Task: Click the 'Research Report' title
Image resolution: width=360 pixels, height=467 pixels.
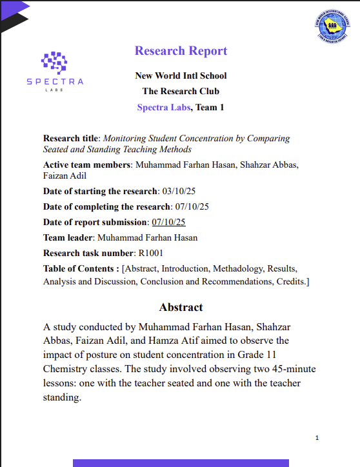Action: pyautogui.click(x=181, y=51)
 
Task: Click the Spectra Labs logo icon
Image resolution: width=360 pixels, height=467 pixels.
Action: pyautogui.click(x=54, y=61)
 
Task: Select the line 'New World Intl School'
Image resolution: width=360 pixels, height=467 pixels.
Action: pyautogui.click(x=181, y=75)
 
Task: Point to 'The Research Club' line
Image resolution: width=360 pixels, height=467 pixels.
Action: pyautogui.click(x=181, y=92)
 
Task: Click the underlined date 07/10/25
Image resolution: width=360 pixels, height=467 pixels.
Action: pyautogui.click(x=168, y=222)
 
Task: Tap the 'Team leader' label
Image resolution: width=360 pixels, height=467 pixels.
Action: pyautogui.click(x=68, y=237)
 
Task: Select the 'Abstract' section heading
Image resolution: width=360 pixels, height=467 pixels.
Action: pyautogui.click(x=181, y=307)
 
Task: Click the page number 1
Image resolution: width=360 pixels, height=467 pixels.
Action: pyautogui.click(x=317, y=438)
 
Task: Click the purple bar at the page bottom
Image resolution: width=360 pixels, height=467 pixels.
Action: pyautogui.click(x=181, y=462)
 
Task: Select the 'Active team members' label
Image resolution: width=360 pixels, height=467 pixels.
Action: pyautogui.click(x=86, y=165)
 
